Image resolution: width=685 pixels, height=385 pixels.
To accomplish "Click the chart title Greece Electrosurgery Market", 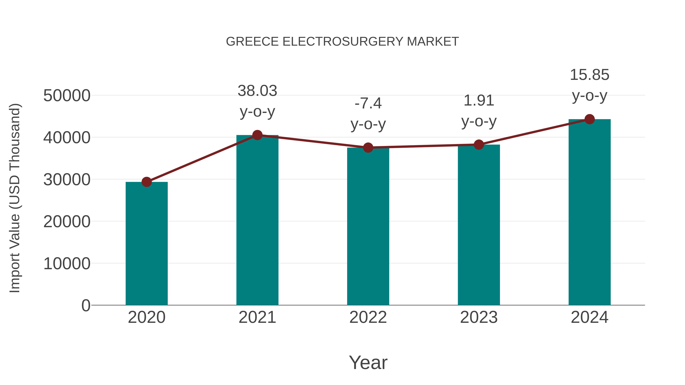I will coord(342,42).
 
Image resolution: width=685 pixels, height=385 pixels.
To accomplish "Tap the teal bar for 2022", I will coord(368,226).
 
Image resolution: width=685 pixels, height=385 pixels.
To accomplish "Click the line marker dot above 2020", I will coord(147,182).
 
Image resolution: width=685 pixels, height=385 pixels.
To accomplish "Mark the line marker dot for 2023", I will coord(479,144).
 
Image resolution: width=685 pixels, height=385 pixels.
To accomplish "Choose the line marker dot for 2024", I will coord(589,119).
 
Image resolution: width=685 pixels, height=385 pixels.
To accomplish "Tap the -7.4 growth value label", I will coord(368,103).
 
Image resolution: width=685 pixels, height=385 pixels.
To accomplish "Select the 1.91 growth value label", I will coord(479,101).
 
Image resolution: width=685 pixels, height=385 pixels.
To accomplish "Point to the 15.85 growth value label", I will coord(589,75).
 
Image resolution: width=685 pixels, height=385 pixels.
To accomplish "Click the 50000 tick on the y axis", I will coord(67,96).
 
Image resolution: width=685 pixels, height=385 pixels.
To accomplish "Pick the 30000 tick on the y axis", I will coord(67,180).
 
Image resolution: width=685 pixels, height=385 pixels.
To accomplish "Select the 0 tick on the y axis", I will coord(86,306).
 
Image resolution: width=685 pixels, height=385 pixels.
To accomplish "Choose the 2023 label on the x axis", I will coord(479,317).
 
